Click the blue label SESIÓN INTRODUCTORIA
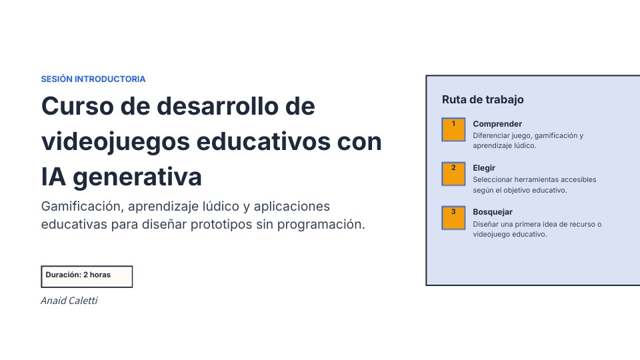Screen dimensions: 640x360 tap(93, 79)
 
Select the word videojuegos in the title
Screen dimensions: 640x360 tap(115, 142)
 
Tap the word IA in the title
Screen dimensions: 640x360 tap(53, 177)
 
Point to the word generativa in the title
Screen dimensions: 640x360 tap(137, 177)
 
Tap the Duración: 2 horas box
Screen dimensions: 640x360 tap(87, 276)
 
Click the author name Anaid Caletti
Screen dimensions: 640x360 tap(69, 301)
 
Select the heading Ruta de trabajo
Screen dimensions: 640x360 tap(483, 99)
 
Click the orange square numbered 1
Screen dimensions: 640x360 tap(453, 129)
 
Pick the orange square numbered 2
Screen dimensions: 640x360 tap(453, 173)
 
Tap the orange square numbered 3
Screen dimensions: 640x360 tap(453, 217)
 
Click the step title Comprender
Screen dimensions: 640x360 tap(497, 124)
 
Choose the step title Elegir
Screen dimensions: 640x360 tap(484, 168)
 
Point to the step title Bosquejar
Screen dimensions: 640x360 tap(492, 212)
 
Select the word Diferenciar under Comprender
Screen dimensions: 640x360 tap(490, 135)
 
